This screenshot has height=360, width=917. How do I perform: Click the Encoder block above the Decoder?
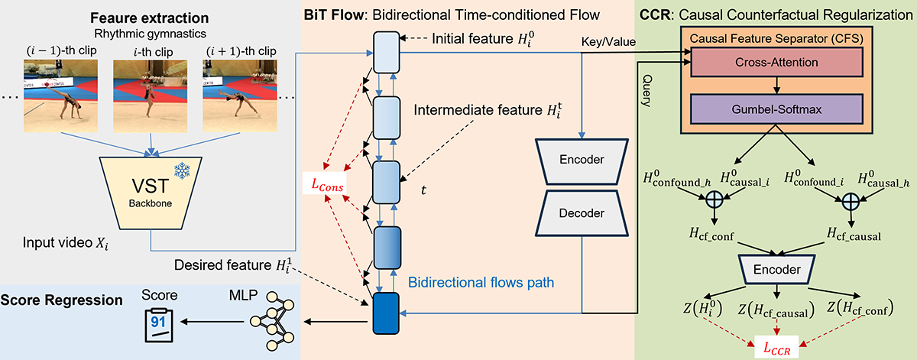click(581, 160)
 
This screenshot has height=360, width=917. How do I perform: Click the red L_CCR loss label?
click(776, 345)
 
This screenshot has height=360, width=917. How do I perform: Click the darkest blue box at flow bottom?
click(387, 314)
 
